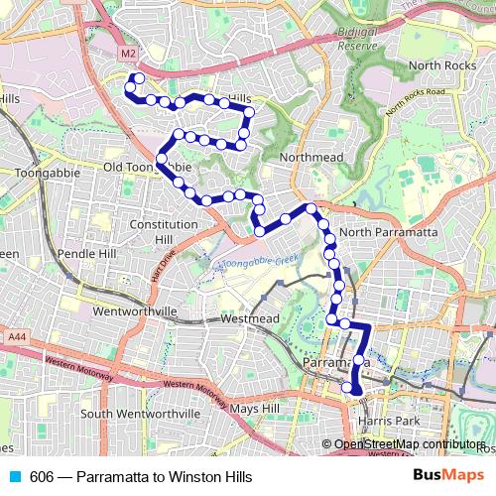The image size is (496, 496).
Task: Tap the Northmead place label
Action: pos(311,158)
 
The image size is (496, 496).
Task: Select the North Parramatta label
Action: pos(388,232)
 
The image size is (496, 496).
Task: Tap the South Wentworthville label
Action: pos(140,413)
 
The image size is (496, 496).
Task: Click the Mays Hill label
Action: pos(255,408)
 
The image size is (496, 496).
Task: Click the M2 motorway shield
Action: pos(126,53)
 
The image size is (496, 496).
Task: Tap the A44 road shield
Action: pos(17,337)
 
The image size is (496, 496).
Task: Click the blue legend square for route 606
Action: pos(14,476)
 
